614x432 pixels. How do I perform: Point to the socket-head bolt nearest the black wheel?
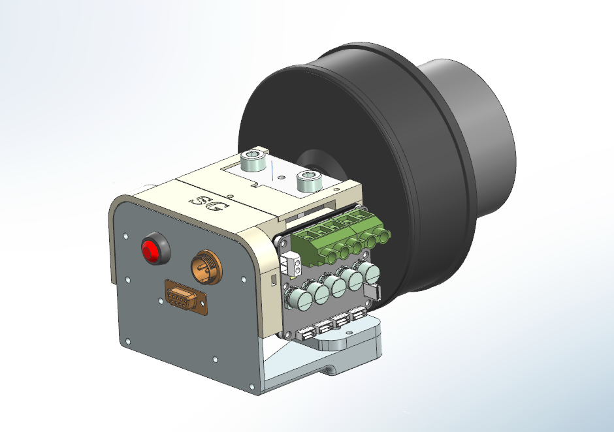[310, 180]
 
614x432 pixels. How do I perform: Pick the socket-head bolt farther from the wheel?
[253, 161]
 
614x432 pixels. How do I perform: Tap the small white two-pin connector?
[291, 263]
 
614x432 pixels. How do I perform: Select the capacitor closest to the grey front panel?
[297, 298]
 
